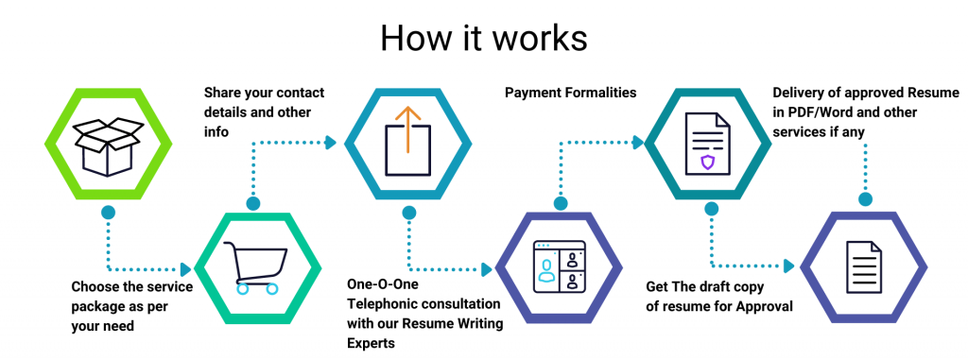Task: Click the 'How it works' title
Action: pyautogui.click(x=483, y=37)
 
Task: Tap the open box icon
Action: pyautogui.click(x=108, y=145)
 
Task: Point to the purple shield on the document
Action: pyautogui.click(x=708, y=163)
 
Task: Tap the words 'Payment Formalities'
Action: pyautogui.click(x=570, y=93)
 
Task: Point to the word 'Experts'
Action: pyautogui.click(x=371, y=345)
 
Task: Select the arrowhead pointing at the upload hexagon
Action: pyautogui.click(x=331, y=143)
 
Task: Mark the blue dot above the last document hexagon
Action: pyautogui.click(x=863, y=199)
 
